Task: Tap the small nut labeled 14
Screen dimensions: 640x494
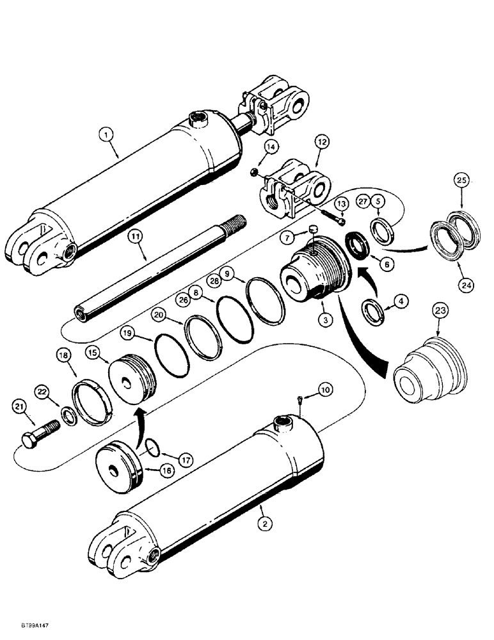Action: pyautogui.click(x=255, y=171)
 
